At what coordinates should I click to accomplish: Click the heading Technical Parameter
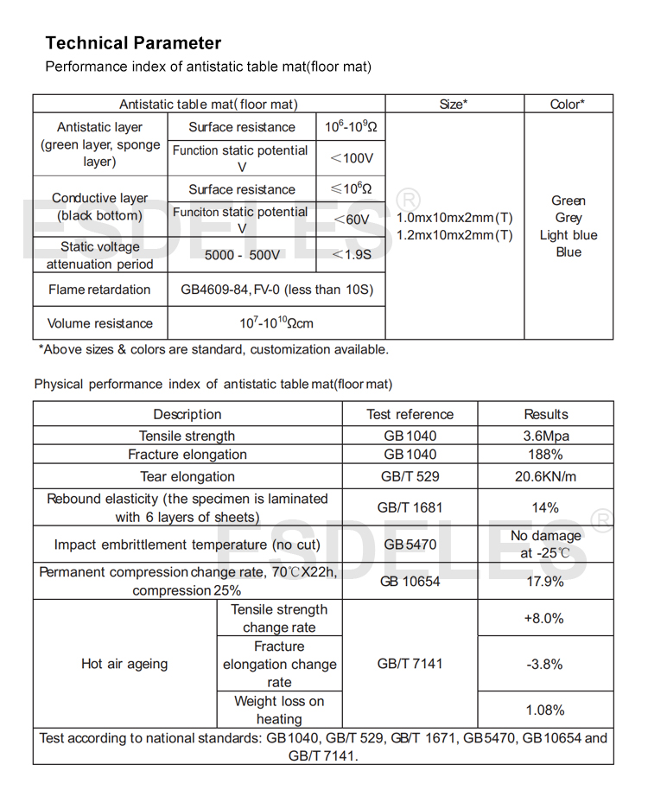tap(133, 43)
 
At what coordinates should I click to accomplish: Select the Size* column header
tap(454, 104)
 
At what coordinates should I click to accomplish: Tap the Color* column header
tap(568, 104)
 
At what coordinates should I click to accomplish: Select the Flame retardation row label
tap(99, 290)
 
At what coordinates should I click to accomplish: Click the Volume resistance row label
tap(100, 323)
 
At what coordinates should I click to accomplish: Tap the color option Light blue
tap(568, 235)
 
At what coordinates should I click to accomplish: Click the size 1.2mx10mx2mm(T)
tap(454, 235)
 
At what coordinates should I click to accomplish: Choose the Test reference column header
tap(410, 414)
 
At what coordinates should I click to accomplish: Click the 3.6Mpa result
tap(546, 436)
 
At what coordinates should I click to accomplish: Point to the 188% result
tap(546, 455)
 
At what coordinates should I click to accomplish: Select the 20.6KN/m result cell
tap(546, 476)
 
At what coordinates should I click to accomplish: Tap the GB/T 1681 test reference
tap(410, 507)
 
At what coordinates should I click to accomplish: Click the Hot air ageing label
tap(124, 664)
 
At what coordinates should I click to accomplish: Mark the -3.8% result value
tap(544, 664)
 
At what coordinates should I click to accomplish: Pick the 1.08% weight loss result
tap(545, 710)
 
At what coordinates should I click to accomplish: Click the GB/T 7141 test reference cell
tap(410, 664)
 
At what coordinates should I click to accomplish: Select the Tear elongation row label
tap(187, 476)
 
